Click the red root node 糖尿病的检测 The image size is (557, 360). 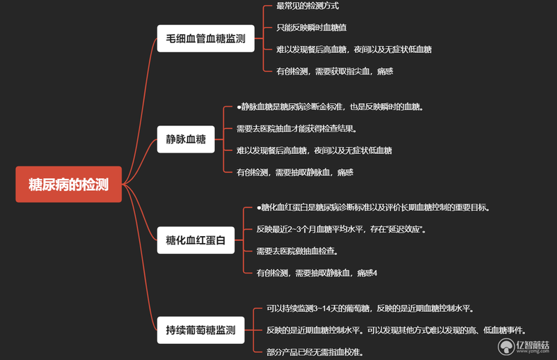(68, 184)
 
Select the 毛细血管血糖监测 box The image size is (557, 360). (205, 38)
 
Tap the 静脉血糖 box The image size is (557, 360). (186, 139)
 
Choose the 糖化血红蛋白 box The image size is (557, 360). (196, 240)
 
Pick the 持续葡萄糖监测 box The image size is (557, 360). (201, 330)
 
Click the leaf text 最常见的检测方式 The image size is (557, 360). (308, 6)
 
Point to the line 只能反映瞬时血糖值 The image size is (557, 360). (311, 28)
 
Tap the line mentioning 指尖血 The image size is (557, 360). (335, 72)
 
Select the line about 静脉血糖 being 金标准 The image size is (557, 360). (330, 107)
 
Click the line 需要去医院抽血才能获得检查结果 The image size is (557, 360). (297, 129)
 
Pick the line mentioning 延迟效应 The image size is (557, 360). (341, 229)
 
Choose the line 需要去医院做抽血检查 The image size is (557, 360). (297, 251)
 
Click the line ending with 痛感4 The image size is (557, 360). (317, 273)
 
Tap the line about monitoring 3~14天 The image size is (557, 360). (370, 308)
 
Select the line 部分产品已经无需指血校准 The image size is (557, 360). (315, 352)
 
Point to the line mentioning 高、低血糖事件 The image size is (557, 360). (396, 331)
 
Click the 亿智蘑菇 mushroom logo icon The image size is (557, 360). (506, 347)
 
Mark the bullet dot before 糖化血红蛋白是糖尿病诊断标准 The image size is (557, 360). (258, 208)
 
